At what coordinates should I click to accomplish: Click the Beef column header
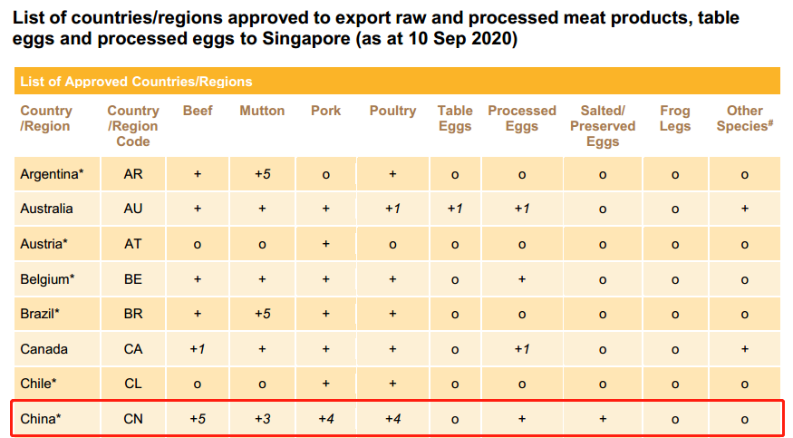[198, 111]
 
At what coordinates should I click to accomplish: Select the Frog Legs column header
[674, 118]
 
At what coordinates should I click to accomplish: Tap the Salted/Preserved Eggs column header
[603, 125]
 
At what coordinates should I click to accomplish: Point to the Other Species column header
[744, 118]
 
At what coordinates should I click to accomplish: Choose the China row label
[40, 419]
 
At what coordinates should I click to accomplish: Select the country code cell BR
[133, 314]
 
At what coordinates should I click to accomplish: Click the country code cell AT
[133, 244]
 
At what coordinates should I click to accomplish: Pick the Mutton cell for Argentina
[262, 173]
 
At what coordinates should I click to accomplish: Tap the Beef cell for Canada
[198, 349]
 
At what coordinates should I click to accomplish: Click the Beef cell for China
[198, 419]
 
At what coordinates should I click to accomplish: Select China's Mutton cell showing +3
[262, 419]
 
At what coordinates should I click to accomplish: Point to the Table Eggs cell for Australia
[455, 209]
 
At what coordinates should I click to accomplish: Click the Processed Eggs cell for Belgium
[522, 279]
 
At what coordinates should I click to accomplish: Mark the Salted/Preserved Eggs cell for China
[603, 419]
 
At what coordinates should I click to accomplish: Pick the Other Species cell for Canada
[744, 349]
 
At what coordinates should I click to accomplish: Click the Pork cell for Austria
[326, 244]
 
